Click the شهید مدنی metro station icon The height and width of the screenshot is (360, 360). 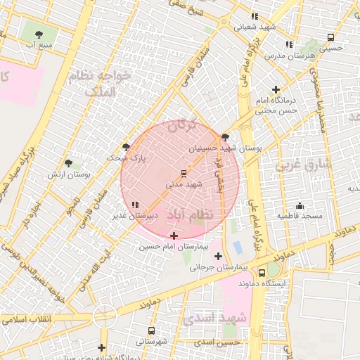(184, 172)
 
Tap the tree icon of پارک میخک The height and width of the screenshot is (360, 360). (126, 147)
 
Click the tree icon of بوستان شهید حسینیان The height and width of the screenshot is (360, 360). (225, 138)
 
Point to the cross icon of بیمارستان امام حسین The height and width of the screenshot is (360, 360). (174, 236)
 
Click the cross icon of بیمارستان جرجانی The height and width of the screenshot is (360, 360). (218, 256)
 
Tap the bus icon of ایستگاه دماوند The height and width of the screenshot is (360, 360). (262, 272)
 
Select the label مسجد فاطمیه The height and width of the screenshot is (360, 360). (300, 215)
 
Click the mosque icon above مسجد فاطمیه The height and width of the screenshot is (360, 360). (300, 205)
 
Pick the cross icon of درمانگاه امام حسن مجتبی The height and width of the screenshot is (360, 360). (276, 89)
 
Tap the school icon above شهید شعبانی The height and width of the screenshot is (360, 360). (255, 15)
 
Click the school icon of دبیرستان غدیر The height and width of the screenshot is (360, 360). (135, 205)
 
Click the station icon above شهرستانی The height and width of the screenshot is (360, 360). (152, 330)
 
